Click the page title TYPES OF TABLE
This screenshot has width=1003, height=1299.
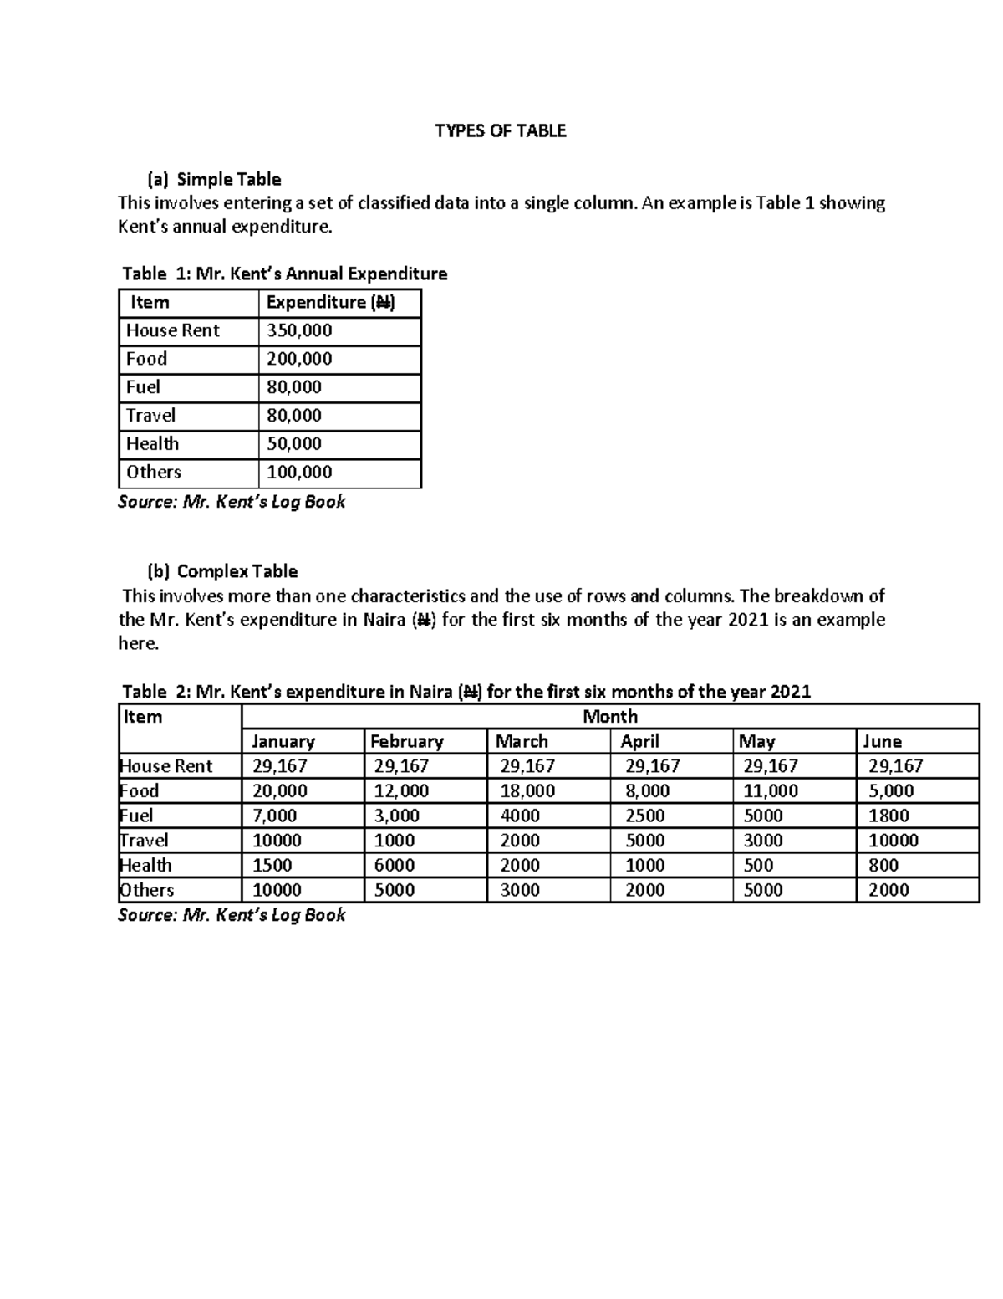tap(500, 130)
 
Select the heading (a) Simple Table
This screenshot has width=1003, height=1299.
tap(214, 179)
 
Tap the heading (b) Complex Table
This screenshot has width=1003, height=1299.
tap(222, 571)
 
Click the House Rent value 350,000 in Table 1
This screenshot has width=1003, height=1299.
tap(299, 330)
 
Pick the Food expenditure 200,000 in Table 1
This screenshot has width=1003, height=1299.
tap(299, 359)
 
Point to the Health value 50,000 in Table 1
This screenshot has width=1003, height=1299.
tap(293, 443)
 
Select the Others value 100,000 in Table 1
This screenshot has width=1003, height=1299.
tap(299, 472)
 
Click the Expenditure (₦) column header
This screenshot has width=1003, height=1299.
tap(330, 302)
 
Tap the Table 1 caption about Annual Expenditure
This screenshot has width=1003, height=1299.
tap(284, 274)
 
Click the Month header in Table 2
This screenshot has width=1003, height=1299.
tap(609, 716)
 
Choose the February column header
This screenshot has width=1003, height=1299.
tap(407, 741)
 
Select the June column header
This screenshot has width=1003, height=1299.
tap(882, 741)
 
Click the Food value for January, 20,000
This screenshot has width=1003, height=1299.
tap(280, 790)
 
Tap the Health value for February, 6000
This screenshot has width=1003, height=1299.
tap(394, 865)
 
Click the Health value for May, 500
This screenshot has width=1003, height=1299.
tap(758, 865)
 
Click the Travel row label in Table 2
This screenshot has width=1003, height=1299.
tap(144, 840)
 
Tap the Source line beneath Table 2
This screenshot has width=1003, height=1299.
tap(232, 915)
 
